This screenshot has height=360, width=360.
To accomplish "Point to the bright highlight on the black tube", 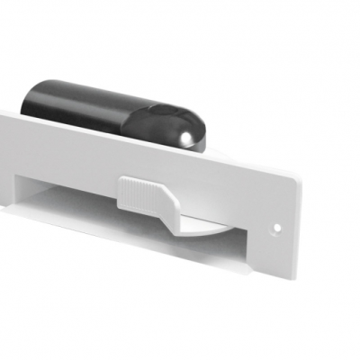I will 185,137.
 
